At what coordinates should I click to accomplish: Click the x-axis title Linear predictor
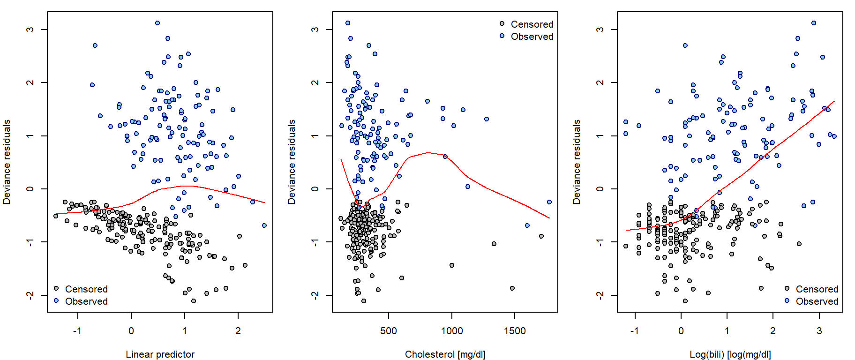160,354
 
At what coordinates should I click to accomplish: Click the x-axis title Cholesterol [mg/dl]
445,354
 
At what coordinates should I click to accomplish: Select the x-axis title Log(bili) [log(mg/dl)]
730,354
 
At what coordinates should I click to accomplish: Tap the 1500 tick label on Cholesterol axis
515,331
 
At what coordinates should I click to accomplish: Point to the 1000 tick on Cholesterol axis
452,331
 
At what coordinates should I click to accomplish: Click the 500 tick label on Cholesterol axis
389,331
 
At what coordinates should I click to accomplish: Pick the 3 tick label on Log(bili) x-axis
819,331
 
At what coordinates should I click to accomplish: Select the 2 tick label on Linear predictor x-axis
238,331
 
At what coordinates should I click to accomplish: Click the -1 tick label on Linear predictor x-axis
77,331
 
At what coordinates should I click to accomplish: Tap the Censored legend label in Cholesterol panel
532,24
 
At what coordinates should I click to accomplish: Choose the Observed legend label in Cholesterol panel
532,37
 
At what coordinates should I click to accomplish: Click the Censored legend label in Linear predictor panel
86,289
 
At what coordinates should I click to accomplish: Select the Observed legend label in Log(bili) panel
817,301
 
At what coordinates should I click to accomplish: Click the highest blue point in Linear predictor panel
157,23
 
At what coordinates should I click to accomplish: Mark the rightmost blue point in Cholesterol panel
549,202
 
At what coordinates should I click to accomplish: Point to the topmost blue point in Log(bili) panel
814,23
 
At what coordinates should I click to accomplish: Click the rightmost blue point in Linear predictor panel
264,225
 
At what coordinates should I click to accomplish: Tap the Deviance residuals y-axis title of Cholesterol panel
292,162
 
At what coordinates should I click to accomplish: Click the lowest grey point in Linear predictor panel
194,301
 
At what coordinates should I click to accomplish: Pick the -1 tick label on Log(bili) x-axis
634,331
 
